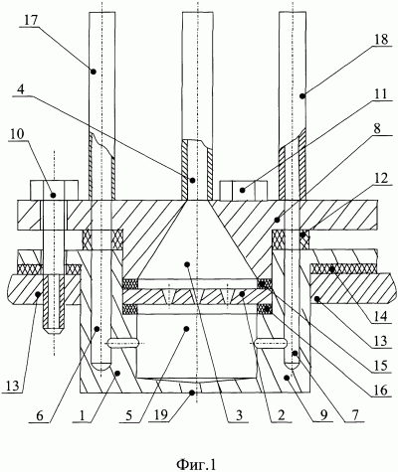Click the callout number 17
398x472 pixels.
(x=31, y=20)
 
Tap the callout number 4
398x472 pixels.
(x=20, y=89)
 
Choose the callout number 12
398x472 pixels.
(x=381, y=181)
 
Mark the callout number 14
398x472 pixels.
(x=381, y=317)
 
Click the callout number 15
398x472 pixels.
(x=381, y=365)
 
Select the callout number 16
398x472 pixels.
(x=381, y=391)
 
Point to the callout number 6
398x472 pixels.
(x=40, y=414)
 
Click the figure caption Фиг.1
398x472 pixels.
(x=196, y=465)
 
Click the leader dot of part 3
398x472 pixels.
(x=187, y=264)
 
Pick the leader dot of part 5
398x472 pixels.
(x=186, y=329)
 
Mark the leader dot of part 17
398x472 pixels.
(x=94, y=72)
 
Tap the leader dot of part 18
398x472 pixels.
(x=301, y=96)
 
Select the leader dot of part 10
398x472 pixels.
(x=52, y=195)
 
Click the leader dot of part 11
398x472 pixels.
(x=243, y=190)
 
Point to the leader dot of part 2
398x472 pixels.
(x=243, y=293)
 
